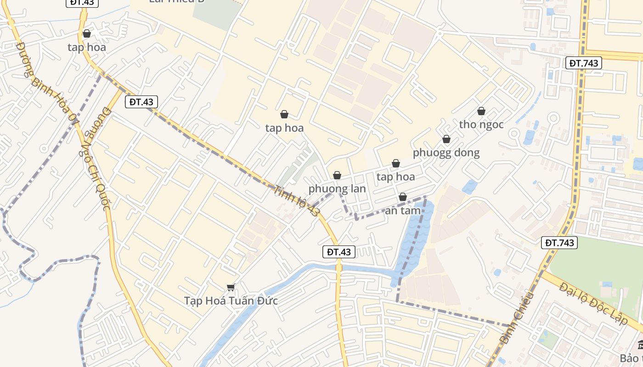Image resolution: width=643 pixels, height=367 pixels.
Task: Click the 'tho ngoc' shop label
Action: (481, 124)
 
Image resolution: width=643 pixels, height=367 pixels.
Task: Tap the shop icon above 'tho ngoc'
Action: (481, 111)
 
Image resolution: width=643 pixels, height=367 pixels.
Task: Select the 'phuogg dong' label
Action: (446, 152)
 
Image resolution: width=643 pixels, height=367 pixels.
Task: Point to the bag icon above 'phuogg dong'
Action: (446, 139)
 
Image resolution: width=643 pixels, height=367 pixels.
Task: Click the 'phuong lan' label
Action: (337, 189)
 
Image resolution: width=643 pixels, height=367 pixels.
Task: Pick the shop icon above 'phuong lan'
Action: (337, 175)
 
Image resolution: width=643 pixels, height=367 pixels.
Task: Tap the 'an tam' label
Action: (403, 211)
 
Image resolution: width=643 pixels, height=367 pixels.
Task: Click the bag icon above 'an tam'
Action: (403, 197)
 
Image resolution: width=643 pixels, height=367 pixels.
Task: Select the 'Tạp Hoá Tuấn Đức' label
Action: (231, 301)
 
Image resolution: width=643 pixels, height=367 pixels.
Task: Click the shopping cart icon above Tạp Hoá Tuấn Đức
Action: (231, 288)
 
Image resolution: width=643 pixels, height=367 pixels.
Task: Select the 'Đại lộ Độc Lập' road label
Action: (593, 304)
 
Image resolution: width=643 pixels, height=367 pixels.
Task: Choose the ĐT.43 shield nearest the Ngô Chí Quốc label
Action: (141, 102)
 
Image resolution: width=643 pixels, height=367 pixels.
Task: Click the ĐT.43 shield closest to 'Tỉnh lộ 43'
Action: (339, 251)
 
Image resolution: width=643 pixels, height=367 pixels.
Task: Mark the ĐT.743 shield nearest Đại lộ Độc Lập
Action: (559, 243)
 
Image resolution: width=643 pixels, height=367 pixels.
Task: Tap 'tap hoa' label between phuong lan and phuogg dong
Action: (395, 177)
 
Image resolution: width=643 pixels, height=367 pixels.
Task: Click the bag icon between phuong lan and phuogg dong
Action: (396, 163)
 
